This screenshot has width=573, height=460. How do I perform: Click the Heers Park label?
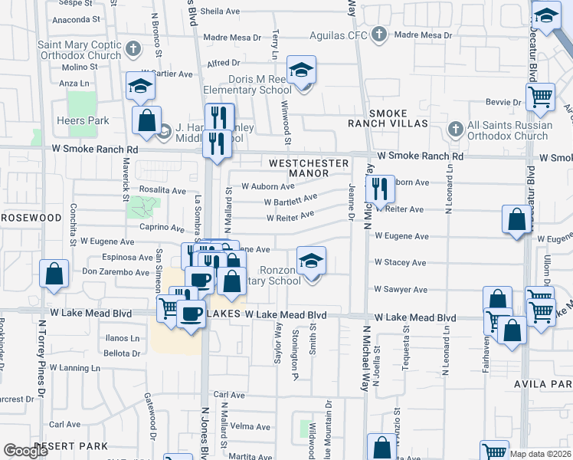(83, 120)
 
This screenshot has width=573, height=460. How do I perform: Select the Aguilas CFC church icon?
(378, 34)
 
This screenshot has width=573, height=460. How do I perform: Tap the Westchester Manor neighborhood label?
(309, 168)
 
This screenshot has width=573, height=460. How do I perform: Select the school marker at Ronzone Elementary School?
(311, 262)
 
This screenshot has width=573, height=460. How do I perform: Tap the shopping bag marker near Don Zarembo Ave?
(54, 274)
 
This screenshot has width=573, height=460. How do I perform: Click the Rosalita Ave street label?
(162, 190)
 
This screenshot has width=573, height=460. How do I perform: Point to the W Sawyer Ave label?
(400, 290)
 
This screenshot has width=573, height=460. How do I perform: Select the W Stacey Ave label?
(400, 262)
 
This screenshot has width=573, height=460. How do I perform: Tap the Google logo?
(26, 451)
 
